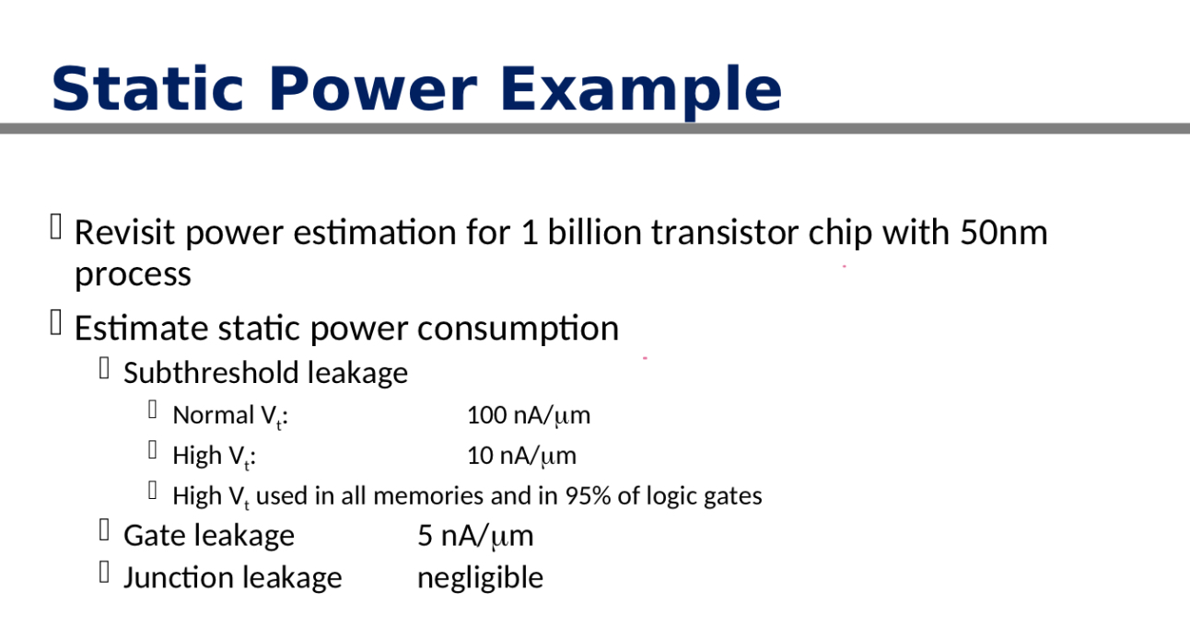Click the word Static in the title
coord(147,89)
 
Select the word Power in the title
coord(373,89)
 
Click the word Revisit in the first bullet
coord(124,232)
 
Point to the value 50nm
coord(1004,232)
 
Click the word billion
coord(596,232)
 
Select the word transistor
coord(726,232)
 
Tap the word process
coord(133,274)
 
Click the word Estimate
coord(142,328)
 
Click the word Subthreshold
coord(211,373)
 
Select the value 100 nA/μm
coord(529,415)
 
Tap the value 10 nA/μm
coord(521,456)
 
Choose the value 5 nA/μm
coord(475,536)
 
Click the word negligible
coord(480,577)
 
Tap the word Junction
coord(170,577)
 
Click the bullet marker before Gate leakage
coord(104,531)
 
